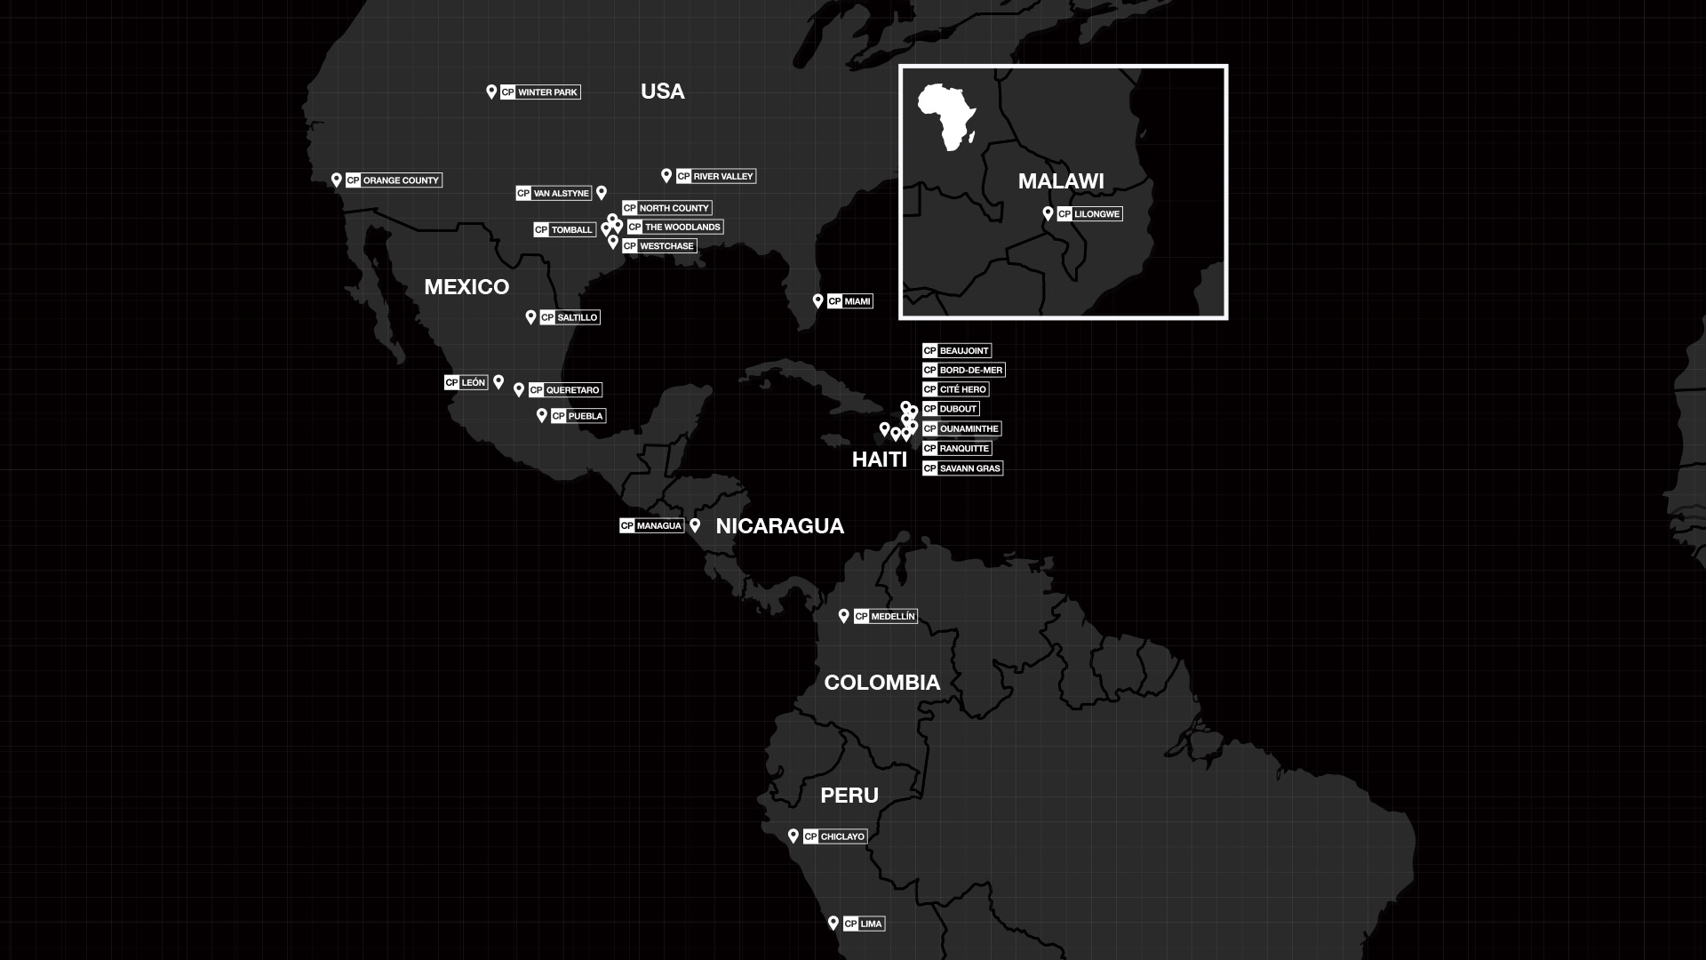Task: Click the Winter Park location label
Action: pos(540,92)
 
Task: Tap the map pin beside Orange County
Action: pos(337,180)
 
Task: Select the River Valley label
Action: pos(715,176)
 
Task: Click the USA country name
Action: pos(662,92)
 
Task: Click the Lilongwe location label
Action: pos(1089,214)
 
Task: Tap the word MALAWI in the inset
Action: pos(1061,181)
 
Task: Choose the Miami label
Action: pos(849,301)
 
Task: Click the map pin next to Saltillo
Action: pos(530,316)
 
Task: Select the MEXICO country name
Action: pos(466,287)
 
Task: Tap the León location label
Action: pos(466,382)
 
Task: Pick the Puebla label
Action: pos(578,416)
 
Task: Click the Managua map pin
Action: pos(695,524)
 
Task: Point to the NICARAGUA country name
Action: pos(779,526)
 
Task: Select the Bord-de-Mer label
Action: pos(963,370)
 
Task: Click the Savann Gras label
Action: pos(962,468)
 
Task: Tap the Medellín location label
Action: pos(885,616)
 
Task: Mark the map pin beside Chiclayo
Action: pos(793,836)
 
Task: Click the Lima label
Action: pos(864,924)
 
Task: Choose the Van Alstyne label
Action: pos(554,193)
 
